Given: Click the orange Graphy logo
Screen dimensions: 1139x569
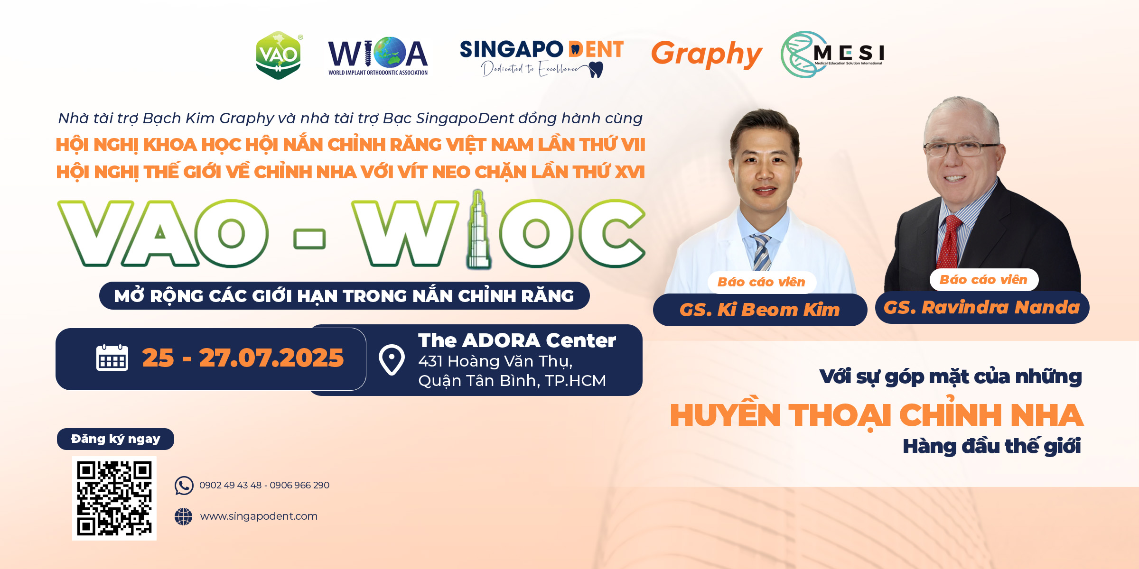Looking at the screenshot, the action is [x=707, y=55].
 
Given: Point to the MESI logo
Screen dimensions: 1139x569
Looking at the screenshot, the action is [x=832, y=54].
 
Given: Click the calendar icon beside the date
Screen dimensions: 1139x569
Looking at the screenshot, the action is [x=112, y=358].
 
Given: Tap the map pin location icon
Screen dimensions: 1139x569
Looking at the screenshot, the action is [x=392, y=360].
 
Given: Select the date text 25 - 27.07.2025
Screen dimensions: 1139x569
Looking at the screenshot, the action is [x=243, y=358].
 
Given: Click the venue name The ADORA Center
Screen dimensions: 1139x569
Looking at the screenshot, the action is [x=517, y=340].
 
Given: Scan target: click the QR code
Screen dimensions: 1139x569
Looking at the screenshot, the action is [x=114, y=498].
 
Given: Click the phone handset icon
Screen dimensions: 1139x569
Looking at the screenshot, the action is [x=184, y=486].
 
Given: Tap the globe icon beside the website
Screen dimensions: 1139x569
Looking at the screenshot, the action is [x=183, y=516].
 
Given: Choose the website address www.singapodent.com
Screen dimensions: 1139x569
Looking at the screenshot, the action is [x=259, y=516].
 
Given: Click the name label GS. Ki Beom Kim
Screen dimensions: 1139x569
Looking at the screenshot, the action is [x=760, y=310].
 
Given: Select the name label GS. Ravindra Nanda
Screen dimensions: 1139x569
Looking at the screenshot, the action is [x=982, y=308].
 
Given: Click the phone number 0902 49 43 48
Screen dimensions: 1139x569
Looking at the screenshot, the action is [x=231, y=486].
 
